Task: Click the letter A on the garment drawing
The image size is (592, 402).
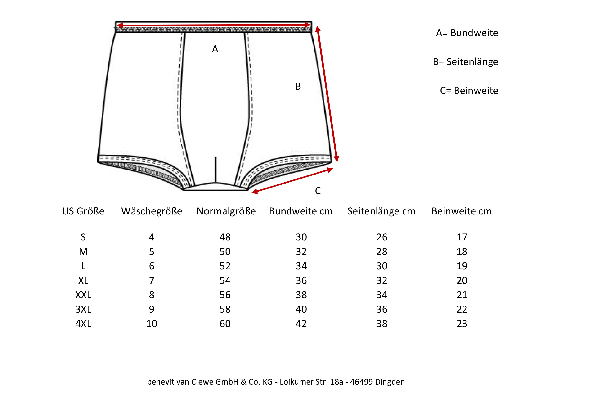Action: pyautogui.click(x=215, y=49)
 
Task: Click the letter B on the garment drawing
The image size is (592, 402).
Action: pyautogui.click(x=298, y=86)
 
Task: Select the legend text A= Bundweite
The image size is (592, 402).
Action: pyautogui.click(x=467, y=33)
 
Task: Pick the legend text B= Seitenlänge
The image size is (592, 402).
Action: pyautogui.click(x=465, y=62)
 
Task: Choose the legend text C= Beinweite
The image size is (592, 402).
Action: pyautogui.click(x=469, y=91)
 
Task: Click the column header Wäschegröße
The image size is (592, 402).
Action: pyautogui.click(x=152, y=211)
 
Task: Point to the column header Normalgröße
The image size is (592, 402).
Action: pyautogui.click(x=226, y=211)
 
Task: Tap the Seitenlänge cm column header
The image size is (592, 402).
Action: pyautogui.click(x=381, y=211)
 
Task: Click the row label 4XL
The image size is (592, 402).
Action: pyautogui.click(x=83, y=324)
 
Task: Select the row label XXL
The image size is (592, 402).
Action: pyautogui.click(x=83, y=295)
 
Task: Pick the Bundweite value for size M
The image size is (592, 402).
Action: pyautogui.click(x=301, y=252)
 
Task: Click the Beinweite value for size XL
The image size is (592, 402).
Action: pyautogui.click(x=462, y=280)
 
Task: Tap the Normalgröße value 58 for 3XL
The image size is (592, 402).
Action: pyautogui.click(x=225, y=309)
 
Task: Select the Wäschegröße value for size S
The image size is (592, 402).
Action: pyautogui.click(x=152, y=237)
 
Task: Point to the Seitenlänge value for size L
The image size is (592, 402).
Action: pyautogui.click(x=382, y=266)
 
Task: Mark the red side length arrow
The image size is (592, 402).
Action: pyautogui.click(x=327, y=94)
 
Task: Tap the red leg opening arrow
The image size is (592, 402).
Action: pyautogui.click(x=292, y=181)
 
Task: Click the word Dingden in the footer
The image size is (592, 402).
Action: pyautogui.click(x=390, y=382)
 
